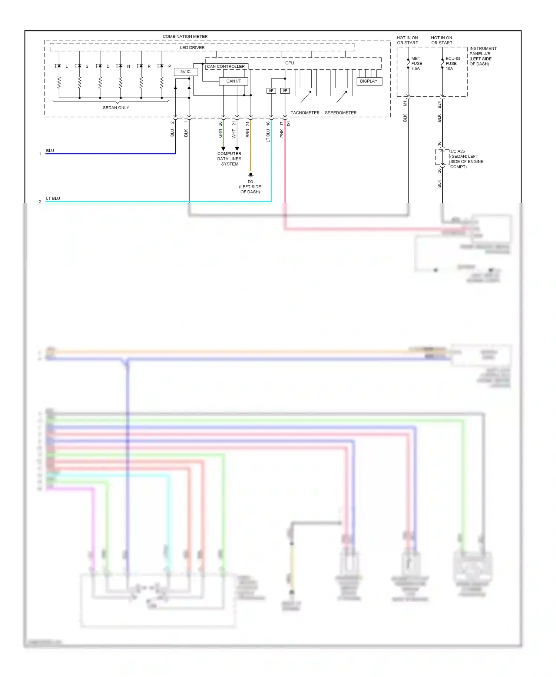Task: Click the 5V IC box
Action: tap(186, 72)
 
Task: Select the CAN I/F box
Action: tap(233, 81)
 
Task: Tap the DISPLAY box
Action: tap(369, 81)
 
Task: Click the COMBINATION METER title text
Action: tap(185, 36)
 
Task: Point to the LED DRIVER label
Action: tap(192, 47)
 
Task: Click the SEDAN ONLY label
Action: tap(116, 108)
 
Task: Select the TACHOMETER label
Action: tap(305, 113)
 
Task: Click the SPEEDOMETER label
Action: tap(341, 113)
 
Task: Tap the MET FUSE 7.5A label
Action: tap(417, 63)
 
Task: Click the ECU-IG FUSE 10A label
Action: tap(452, 63)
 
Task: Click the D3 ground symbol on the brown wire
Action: tap(251, 175)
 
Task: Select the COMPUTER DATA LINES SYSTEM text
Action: tap(229, 159)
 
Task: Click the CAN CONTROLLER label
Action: tap(225, 67)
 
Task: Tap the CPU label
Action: tap(289, 63)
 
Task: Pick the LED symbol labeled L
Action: tap(59, 66)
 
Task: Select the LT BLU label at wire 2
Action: tap(53, 199)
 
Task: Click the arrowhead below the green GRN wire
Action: tap(223, 149)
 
